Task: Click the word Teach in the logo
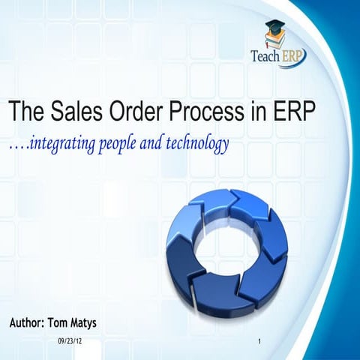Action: (265, 56)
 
